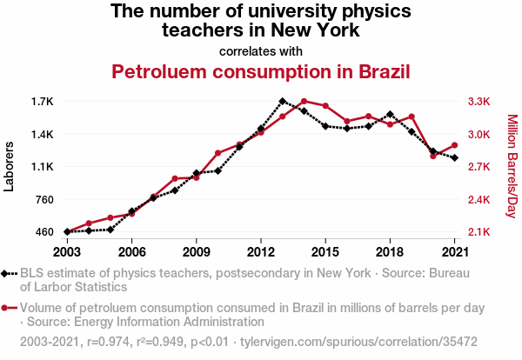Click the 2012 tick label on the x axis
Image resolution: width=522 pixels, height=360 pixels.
point(260,251)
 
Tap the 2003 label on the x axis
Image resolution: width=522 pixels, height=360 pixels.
point(67,251)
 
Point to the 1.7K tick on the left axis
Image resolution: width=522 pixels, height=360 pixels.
point(41,102)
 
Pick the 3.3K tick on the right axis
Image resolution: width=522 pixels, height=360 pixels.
point(479,102)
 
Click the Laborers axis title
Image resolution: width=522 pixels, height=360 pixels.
point(10,167)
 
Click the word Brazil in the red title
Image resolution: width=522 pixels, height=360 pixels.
point(377,71)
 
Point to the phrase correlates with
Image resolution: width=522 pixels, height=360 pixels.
point(261,50)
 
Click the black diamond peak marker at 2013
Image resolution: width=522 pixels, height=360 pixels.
point(283,102)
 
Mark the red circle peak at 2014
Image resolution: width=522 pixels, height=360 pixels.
point(304,101)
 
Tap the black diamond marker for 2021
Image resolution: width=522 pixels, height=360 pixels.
point(454,157)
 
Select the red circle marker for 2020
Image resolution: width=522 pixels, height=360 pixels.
point(433,156)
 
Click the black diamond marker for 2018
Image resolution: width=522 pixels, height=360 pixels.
point(390,114)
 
